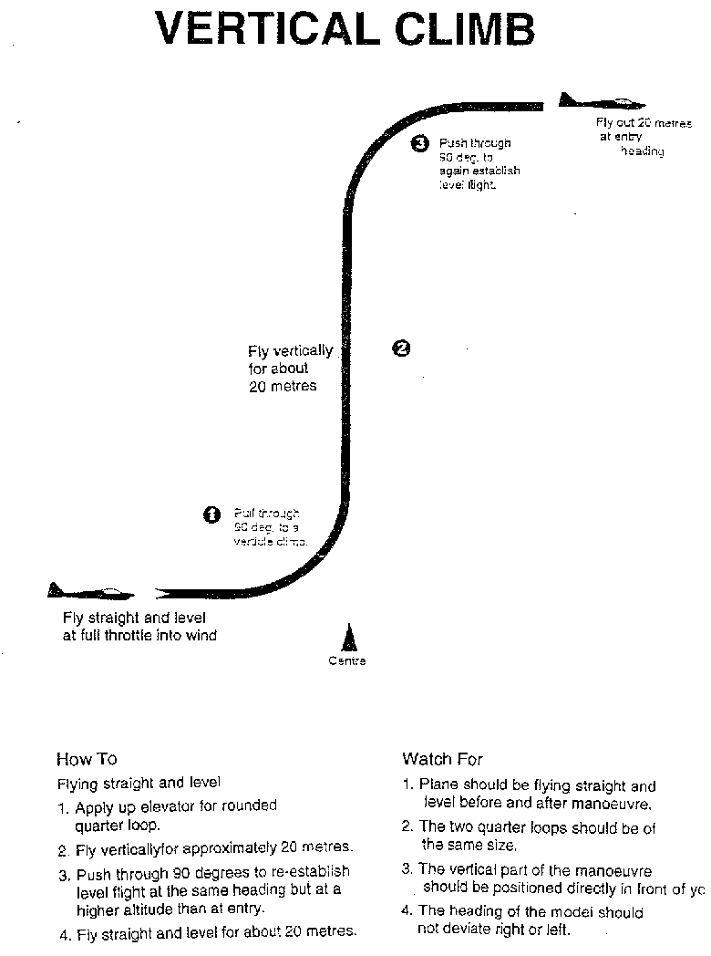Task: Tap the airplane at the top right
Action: tap(602, 102)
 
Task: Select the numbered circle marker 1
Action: tap(211, 514)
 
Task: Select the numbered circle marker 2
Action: tap(400, 348)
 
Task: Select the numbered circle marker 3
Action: tap(419, 142)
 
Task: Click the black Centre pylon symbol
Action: tap(347, 638)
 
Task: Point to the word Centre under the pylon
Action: tap(346, 660)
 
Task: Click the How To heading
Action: tap(87, 759)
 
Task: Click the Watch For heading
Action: tap(442, 759)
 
